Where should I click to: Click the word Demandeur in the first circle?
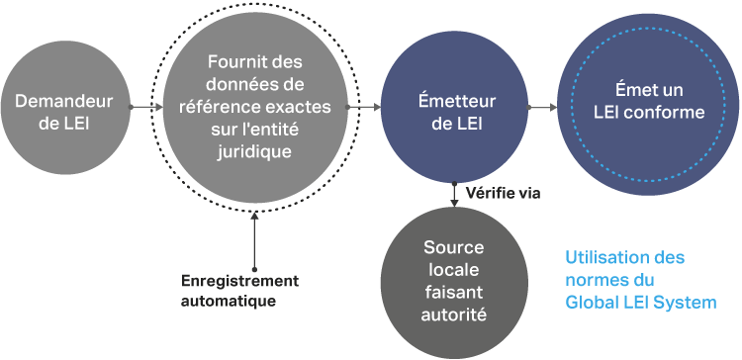tap(64, 101)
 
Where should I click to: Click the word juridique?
tap(254, 152)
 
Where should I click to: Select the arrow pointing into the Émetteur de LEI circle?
tap(364, 107)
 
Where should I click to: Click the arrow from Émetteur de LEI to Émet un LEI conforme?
tap(542, 108)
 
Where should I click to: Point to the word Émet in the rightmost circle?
tap(632, 90)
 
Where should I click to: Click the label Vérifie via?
tap(503, 193)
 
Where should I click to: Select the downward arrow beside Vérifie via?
tap(454, 195)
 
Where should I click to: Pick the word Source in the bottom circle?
tap(454, 247)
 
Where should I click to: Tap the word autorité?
tap(454, 315)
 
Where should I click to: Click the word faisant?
tap(454, 292)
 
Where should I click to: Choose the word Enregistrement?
tap(240, 281)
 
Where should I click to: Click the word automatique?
tap(229, 301)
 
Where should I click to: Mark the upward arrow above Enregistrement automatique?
tap(254, 240)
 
